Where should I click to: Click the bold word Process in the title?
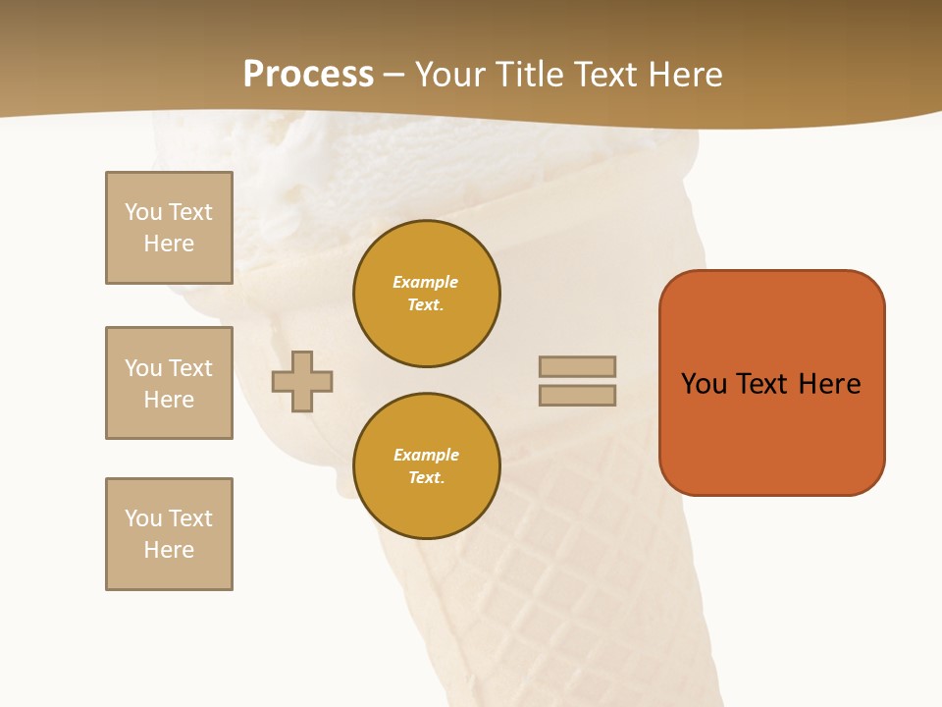tap(308, 75)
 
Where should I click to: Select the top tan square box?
tap(169, 228)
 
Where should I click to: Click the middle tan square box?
tap(169, 383)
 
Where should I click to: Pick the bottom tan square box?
tap(169, 534)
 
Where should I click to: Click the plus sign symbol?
tap(302, 381)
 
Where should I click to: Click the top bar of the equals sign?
tap(577, 366)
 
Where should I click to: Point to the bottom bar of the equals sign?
tap(577, 395)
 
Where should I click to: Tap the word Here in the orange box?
tap(829, 384)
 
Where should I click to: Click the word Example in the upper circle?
tap(425, 282)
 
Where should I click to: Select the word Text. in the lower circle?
tap(425, 478)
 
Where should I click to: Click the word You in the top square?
tap(142, 212)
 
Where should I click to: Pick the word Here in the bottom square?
tap(169, 550)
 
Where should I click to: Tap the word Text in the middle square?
tap(190, 368)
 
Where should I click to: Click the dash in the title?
tap(393, 75)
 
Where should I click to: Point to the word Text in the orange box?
tap(763, 384)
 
